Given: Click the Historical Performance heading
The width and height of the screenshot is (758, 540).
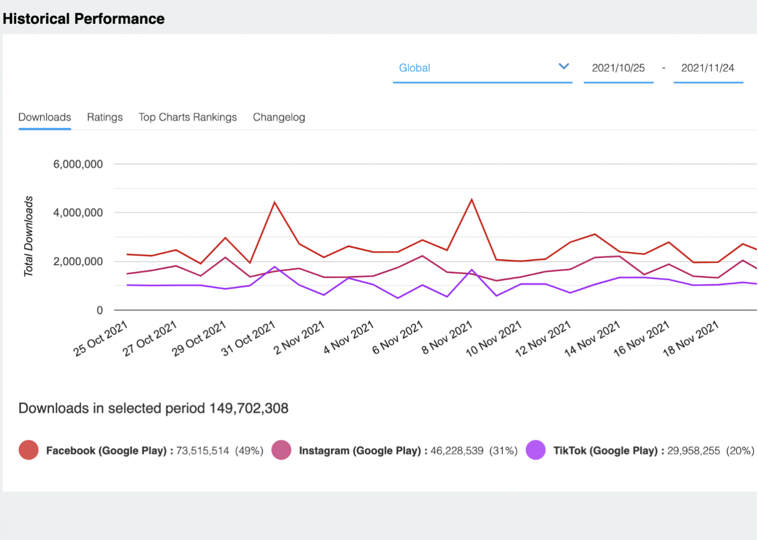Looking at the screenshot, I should point(83,18).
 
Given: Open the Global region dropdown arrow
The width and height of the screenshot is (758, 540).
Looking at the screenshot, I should point(564,67).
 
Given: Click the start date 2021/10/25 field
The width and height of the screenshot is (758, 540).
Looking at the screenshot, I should point(618,68).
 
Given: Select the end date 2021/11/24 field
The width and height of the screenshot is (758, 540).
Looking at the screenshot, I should point(707,68).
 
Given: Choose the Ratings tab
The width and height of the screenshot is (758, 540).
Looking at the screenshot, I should point(104,117).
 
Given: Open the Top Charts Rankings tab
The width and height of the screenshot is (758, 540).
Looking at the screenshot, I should point(187,117).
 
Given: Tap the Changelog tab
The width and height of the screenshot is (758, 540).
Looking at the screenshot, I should point(279,117).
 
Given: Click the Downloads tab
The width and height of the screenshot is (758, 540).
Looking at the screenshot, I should point(44,117).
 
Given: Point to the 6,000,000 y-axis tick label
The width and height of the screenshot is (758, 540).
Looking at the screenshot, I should point(77,164).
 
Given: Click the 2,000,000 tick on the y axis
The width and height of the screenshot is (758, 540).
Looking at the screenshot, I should point(77,262).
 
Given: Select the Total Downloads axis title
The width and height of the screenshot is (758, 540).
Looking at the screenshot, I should point(28,236).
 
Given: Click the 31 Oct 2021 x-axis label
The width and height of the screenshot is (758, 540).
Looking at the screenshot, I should point(249,338).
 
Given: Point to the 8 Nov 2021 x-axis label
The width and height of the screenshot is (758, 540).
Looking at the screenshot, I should point(447,338).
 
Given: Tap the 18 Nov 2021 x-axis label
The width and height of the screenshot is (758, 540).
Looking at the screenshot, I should point(690,338).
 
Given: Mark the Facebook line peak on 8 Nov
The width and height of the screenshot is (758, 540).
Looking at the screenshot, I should point(472,200).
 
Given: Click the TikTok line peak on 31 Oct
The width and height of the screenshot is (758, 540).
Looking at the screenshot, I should point(275,267).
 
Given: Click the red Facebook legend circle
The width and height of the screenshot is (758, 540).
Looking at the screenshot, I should point(29,450).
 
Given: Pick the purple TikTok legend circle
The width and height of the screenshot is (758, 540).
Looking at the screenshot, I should point(535,450).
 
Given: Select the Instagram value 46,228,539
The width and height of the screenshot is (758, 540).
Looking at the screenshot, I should point(456,451).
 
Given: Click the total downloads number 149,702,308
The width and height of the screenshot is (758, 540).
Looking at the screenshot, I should point(249,409).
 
